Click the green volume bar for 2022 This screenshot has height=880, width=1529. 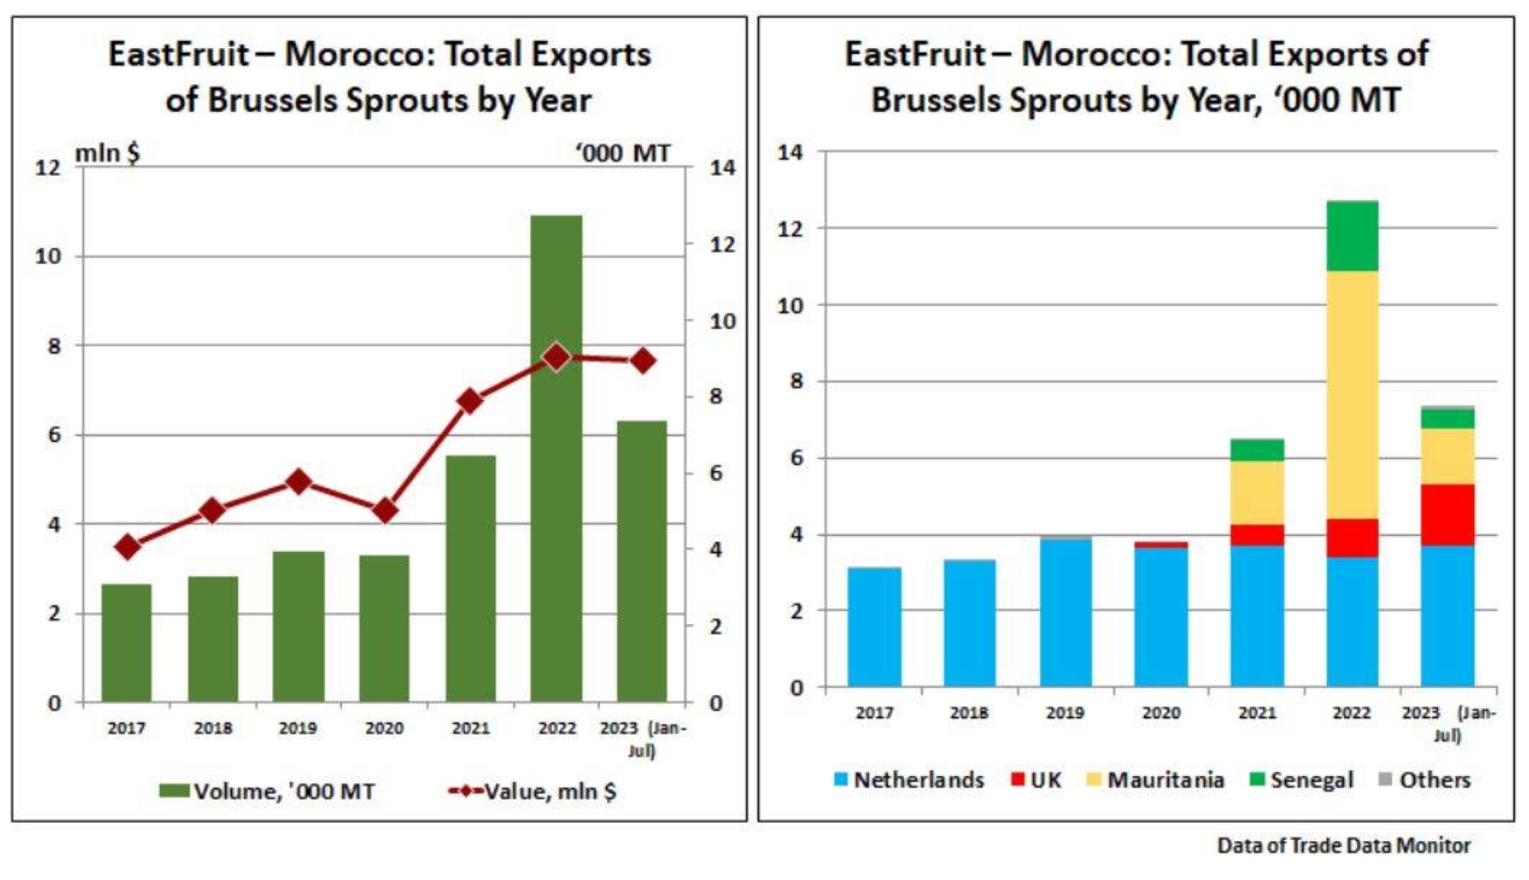(x=557, y=459)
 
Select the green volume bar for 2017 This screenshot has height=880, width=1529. (x=127, y=642)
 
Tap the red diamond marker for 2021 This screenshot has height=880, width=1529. (x=470, y=401)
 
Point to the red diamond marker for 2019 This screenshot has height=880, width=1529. (x=299, y=482)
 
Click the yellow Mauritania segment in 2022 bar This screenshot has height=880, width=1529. (x=1352, y=395)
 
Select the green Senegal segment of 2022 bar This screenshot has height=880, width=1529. (x=1352, y=235)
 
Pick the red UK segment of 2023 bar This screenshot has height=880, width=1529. (x=1447, y=515)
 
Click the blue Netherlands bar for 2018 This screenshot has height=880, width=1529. (x=969, y=623)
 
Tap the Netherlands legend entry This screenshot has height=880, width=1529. (x=910, y=780)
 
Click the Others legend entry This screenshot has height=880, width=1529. (x=1425, y=780)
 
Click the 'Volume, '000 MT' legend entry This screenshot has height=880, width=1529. (x=268, y=791)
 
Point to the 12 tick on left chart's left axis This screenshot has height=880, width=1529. (x=47, y=167)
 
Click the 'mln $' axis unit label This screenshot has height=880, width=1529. (x=107, y=153)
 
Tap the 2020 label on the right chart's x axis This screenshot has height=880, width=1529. (x=1161, y=713)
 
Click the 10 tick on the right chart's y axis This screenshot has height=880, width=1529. (x=790, y=305)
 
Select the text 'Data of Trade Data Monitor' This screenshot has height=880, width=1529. (x=1343, y=846)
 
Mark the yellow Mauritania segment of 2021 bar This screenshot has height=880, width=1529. (x=1257, y=492)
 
